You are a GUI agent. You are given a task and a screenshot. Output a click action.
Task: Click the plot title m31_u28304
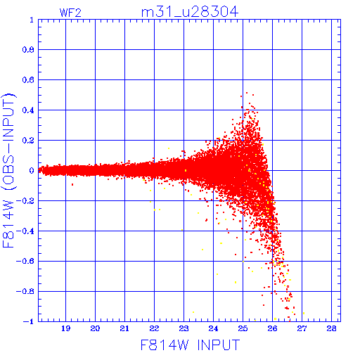pos(190,12)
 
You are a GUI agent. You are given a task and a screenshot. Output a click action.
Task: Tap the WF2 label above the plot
pos(70,13)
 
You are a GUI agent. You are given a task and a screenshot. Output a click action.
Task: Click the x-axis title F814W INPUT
pos(190,345)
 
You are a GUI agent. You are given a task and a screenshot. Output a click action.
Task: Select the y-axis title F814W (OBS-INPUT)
pos(8,170)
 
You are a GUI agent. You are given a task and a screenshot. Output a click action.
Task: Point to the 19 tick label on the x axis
pos(66,328)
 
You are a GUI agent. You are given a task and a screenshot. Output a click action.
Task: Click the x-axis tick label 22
pos(155,328)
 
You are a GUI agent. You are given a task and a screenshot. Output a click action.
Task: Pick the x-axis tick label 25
pos(243,328)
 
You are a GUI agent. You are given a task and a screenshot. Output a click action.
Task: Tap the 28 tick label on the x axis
pos(332,328)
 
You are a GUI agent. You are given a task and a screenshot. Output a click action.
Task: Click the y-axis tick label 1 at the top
pos(32,20)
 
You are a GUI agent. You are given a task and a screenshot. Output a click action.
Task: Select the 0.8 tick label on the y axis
pos(28,50)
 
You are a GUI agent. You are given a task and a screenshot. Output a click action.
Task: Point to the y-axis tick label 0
pos(32,170)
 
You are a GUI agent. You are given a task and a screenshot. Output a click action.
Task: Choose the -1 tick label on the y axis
pos(29,321)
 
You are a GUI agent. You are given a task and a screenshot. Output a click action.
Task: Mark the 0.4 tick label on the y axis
pos(28,110)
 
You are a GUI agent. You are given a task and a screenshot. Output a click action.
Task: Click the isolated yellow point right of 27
pos(304,313)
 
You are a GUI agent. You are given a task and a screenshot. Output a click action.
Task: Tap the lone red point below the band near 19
pos(72,185)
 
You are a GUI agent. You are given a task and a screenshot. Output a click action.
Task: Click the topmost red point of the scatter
pos(247,93)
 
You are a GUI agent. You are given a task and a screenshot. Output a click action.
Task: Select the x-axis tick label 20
pos(96,328)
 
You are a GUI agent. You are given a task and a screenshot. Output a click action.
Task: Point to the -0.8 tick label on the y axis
pos(25,291)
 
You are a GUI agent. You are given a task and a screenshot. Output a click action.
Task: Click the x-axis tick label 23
pos(184,328)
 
